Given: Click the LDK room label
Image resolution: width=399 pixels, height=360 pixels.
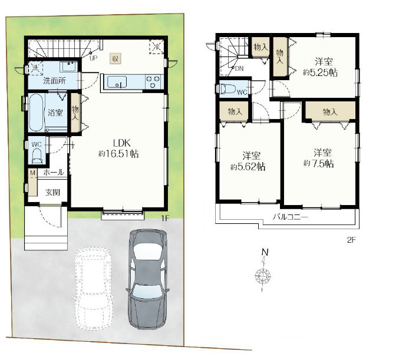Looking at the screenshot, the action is pyautogui.click(x=121, y=143).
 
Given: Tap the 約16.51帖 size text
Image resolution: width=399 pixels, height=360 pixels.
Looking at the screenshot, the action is pyautogui.click(x=118, y=154).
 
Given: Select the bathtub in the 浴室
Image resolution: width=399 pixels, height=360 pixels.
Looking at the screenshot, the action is pyautogui.click(x=36, y=113).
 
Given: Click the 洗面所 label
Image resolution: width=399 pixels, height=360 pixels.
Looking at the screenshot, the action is pyautogui.click(x=54, y=81).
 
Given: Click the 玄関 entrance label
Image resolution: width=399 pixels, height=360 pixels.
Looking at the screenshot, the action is pyautogui.click(x=52, y=192).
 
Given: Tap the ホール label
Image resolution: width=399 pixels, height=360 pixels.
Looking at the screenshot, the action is pyautogui.click(x=54, y=173).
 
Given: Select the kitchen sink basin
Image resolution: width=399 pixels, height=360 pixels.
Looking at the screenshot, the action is pyautogui.click(x=117, y=82).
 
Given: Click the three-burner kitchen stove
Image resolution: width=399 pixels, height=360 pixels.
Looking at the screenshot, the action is pyautogui.click(x=153, y=82).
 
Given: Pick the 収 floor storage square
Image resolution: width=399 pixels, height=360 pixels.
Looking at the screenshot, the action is pyautogui.click(x=116, y=59).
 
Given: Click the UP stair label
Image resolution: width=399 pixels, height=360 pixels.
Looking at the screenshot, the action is pyautogui.click(x=93, y=58).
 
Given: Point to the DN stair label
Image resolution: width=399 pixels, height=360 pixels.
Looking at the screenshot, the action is pyautogui.click(x=239, y=68).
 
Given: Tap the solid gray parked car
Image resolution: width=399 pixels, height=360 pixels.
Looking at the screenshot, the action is pyautogui.click(x=148, y=279).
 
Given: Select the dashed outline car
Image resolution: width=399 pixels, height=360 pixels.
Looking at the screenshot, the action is pyautogui.click(x=93, y=289).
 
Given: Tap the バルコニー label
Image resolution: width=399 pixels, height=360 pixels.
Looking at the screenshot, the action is pyautogui.click(x=291, y=217).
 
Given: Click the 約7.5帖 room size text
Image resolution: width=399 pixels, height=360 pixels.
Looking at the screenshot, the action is pyautogui.click(x=318, y=164).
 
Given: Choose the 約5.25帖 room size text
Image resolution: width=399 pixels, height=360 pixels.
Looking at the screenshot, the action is pyautogui.click(x=320, y=72).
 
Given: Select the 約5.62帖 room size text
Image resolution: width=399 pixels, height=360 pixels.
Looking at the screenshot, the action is pyautogui.click(x=248, y=167).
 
